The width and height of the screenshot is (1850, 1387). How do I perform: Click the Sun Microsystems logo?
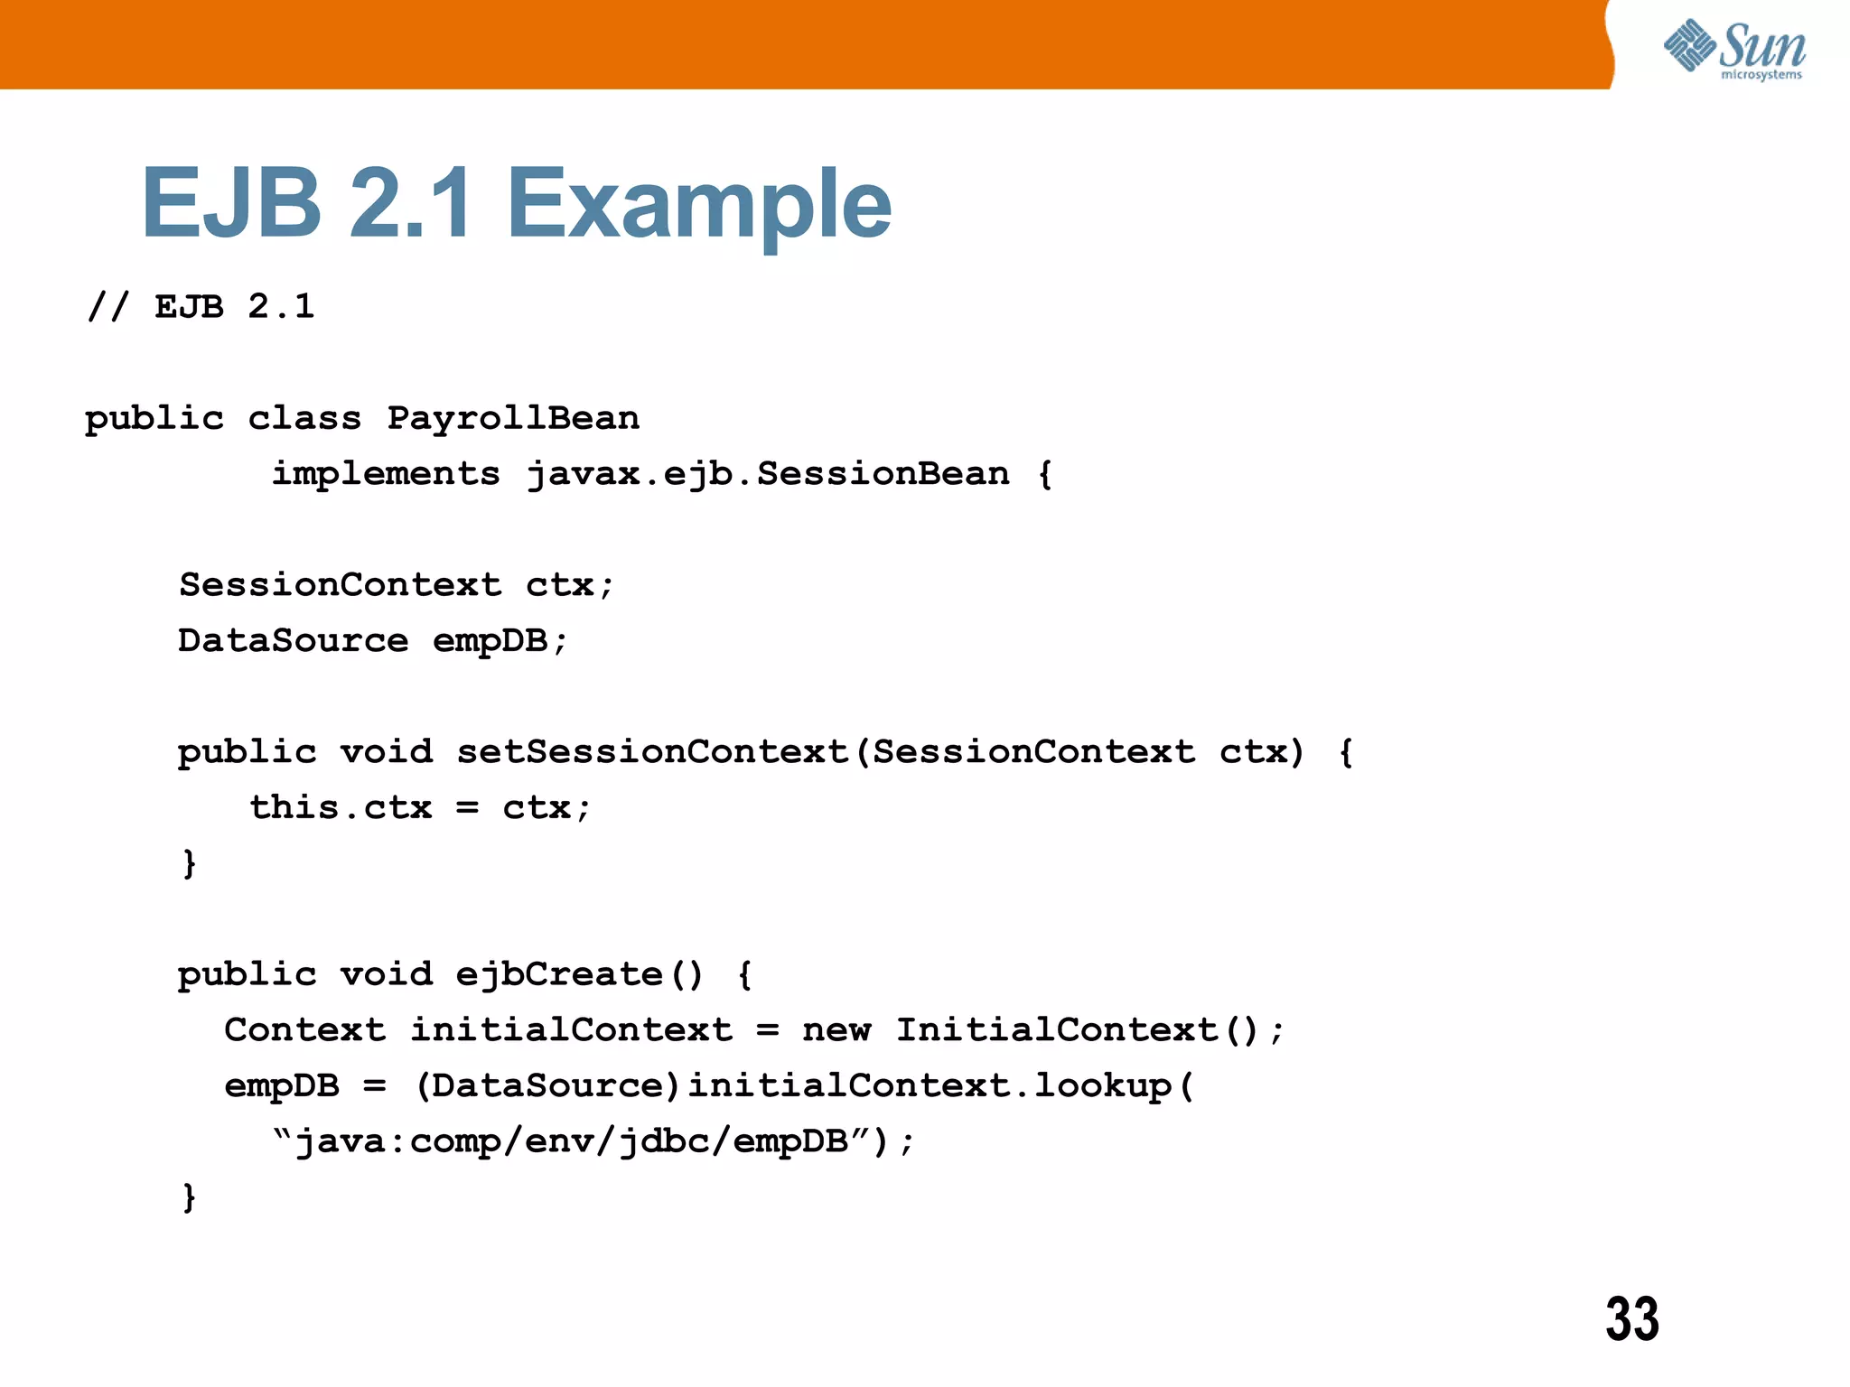coord(1734,50)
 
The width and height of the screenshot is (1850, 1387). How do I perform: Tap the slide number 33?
coord(1631,1319)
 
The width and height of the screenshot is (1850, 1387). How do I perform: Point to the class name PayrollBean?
coord(513,418)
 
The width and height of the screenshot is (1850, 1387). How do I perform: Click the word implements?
coord(386,474)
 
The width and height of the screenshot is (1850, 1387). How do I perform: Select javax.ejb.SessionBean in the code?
coord(768,474)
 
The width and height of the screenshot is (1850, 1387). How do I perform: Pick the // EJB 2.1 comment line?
coord(201,307)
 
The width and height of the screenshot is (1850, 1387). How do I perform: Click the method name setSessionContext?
coord(652,752)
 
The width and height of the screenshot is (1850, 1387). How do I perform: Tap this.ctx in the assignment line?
coord(341,807)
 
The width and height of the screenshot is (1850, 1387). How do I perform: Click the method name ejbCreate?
coord(559,974)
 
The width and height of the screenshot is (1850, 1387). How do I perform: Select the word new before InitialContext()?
coord(836,1030)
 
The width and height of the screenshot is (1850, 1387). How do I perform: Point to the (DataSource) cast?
coord(547,1085)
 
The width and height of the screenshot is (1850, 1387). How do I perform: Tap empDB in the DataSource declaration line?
coord(490,641)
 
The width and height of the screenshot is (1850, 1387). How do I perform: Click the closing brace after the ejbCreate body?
coord(189,1197)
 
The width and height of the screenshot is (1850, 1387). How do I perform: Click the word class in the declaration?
coord(304,418)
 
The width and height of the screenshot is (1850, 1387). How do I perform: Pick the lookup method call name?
coord(1102,1085)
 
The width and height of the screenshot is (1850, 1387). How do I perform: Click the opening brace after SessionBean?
coord(1045,474)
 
